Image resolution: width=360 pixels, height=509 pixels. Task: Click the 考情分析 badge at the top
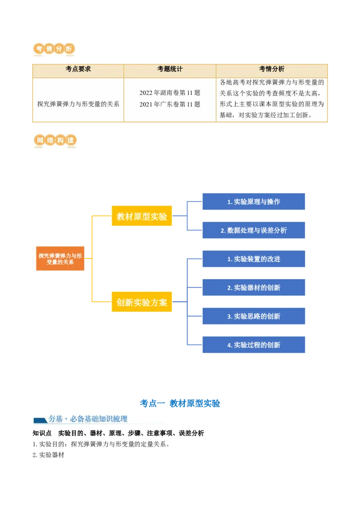tap(54, 49)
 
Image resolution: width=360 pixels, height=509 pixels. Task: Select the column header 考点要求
tap(78, 69)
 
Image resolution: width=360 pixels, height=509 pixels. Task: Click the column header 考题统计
tap(170, 69)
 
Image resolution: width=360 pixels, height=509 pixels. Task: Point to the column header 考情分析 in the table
tap(271, 69)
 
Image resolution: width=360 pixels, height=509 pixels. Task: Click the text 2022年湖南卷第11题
tap(170, 93)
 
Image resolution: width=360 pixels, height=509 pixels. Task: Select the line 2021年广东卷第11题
tap(170, 104)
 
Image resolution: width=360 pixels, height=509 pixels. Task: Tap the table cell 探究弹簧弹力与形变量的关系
tap(78, 104)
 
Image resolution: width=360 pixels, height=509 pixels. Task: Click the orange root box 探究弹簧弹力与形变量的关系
tap(60, 259)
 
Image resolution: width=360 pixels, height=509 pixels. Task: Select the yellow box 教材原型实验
tap(142, 216)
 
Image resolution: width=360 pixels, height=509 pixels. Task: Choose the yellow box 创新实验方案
tap(142, 303)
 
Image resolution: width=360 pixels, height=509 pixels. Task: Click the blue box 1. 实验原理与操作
tap(254, 202)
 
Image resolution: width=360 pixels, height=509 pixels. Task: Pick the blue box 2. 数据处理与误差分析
tap(254, 230)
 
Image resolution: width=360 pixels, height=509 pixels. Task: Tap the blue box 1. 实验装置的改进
tap(254, 259)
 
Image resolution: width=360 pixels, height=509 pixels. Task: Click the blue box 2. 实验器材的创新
tap(254, 287)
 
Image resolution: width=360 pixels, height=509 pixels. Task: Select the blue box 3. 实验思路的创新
tap(254, 316)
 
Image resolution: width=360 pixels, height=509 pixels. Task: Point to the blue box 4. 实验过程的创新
tap(254, 345)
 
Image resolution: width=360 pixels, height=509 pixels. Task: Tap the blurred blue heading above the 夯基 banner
tap(180, 403)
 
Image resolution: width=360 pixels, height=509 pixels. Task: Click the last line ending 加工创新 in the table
tap(271, 116)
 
